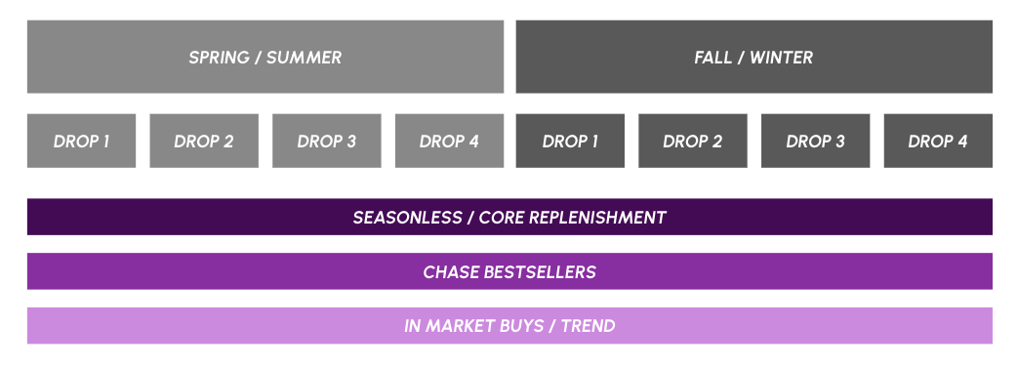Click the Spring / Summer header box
pos(265,57)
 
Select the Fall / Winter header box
pos(753,57)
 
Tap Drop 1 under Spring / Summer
pos(81,141)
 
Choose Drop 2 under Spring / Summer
pos(204,141)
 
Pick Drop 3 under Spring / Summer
pos(326,141)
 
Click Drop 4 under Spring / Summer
pos(449,141)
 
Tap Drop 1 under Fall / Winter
pos(570,141)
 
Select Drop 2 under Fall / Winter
pos(693,141)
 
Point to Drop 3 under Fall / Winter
pos(815,141)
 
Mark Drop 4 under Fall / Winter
pos(938,141)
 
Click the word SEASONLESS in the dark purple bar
pos(407,218)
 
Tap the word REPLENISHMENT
pos(597,218)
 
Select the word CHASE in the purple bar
pos(451,271)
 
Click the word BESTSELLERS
pos(540,271)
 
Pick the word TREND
pos(589,325)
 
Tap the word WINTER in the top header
pos(781,57)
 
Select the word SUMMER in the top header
pos(304,57)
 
